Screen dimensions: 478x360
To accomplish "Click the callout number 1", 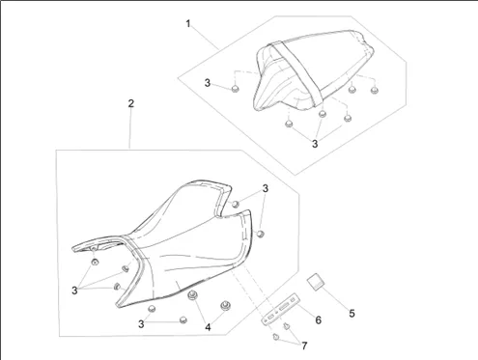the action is coord(188,24).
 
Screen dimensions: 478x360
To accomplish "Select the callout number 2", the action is coord(130,103).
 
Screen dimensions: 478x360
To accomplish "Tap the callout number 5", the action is coord(351,314).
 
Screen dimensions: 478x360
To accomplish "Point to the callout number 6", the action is coord(318,320).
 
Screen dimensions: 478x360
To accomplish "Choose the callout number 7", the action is coord(304,346).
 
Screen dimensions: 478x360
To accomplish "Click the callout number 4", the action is coord(208,327).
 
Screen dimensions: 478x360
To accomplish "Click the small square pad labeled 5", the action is coord(316,282).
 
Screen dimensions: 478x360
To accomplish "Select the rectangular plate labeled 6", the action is coord(281,309).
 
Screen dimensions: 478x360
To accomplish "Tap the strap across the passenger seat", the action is coord(297,74).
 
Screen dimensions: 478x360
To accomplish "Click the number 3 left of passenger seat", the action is coord(208,83).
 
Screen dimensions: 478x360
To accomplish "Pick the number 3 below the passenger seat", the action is coord(315,144).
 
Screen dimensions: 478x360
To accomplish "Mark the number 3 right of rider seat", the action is coord(266,188).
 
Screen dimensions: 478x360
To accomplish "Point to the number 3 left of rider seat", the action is coord(74,291).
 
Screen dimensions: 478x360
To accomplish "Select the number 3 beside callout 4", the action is coord(141,324).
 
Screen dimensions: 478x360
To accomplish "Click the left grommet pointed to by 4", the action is coord(193,295).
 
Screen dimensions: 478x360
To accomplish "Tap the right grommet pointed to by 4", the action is coord(225,305).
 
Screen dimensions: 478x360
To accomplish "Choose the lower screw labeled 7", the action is coord(276,337).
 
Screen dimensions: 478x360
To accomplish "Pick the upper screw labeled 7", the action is coord(286,326).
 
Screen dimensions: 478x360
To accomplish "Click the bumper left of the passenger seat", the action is coord(236,88).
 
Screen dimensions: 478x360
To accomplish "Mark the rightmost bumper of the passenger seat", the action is coord(375,90).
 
